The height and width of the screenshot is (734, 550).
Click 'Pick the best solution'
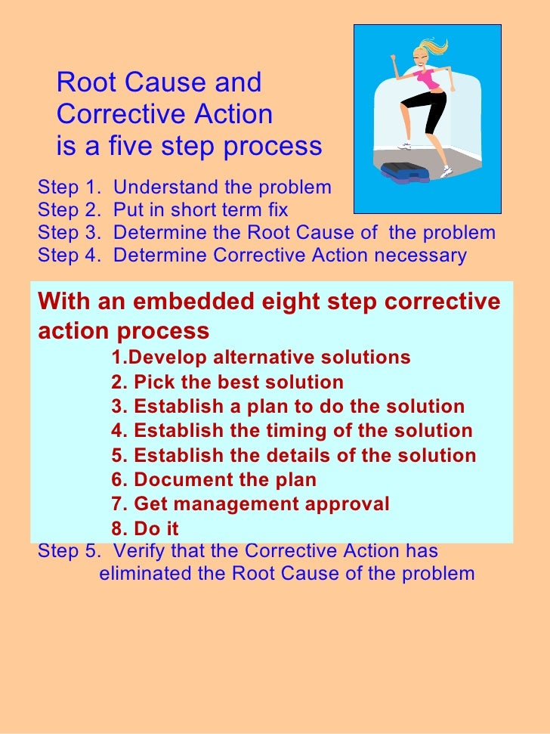(x=238, y=382)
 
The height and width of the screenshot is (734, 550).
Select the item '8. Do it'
(x=145, y=528)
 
